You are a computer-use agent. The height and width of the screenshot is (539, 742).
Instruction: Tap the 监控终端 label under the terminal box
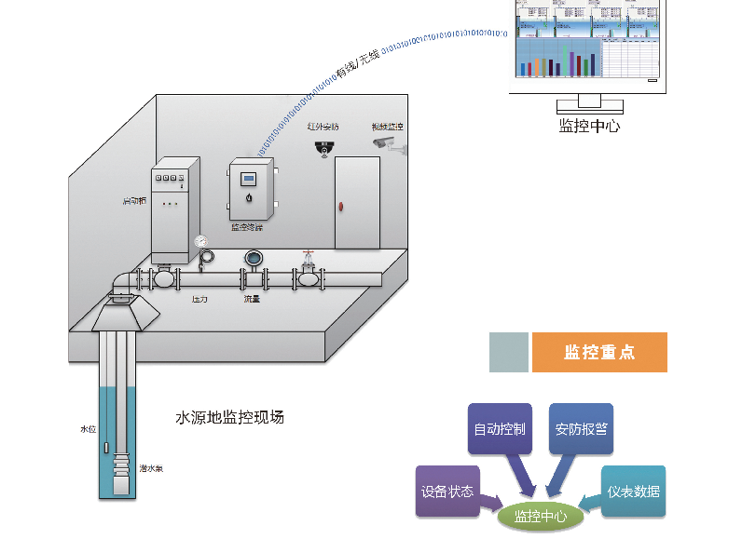[x=247, y=227]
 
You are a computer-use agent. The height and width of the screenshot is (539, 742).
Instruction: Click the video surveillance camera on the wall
[x=385, y=143]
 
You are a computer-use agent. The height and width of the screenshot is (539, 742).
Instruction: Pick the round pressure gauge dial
[x=202, y=242]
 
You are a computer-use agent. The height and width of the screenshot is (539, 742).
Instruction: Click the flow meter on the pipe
[x=253, y=259]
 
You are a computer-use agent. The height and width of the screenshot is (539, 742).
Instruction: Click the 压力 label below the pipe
[x=199, y=299]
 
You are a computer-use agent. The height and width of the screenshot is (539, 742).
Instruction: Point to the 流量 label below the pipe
[x=252, y=299]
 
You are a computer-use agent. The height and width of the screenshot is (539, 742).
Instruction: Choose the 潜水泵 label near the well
[x=151, y=468]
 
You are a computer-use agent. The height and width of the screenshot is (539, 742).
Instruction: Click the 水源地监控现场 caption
[x=229, y=418]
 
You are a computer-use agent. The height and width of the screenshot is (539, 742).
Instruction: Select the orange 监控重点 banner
[x=599, y=352]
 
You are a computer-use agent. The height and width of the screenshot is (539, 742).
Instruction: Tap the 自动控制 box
[x=500, y=429]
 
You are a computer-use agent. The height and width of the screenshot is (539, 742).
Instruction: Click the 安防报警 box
[x=581, y=429]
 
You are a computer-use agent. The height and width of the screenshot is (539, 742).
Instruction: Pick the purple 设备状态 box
[x=447, y=491]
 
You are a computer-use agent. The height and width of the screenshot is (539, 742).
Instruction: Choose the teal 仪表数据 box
[x=633, y=491]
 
